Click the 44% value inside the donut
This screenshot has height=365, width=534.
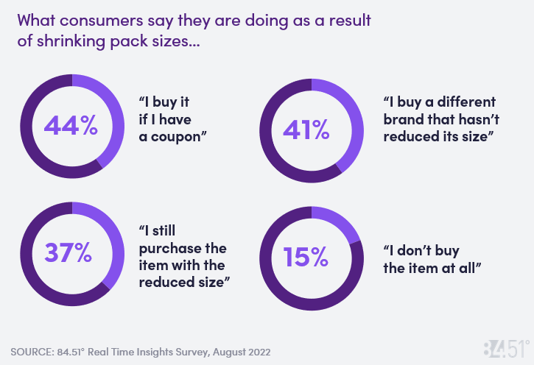[71, 126]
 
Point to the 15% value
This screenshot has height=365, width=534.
[306, 257]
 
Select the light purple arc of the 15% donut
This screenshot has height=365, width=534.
[338, 223]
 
